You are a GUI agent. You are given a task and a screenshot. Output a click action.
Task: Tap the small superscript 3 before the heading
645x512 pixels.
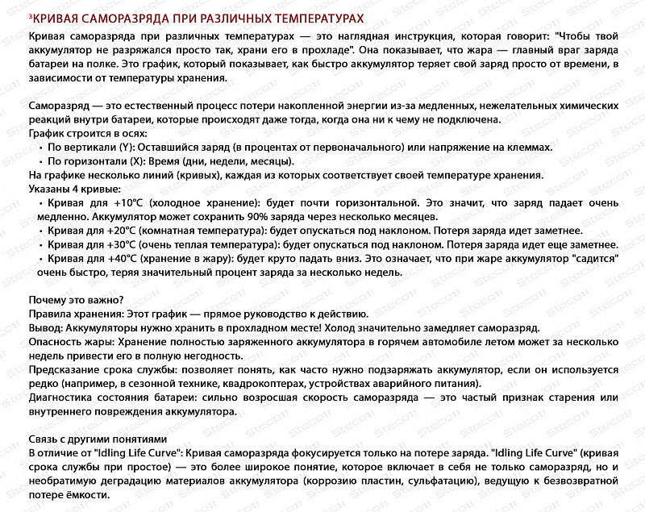pos(30,16)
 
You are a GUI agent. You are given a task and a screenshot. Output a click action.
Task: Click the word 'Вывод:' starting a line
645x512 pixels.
pos(45,327)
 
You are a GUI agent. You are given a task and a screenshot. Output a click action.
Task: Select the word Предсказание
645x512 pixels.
pos(64,369)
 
